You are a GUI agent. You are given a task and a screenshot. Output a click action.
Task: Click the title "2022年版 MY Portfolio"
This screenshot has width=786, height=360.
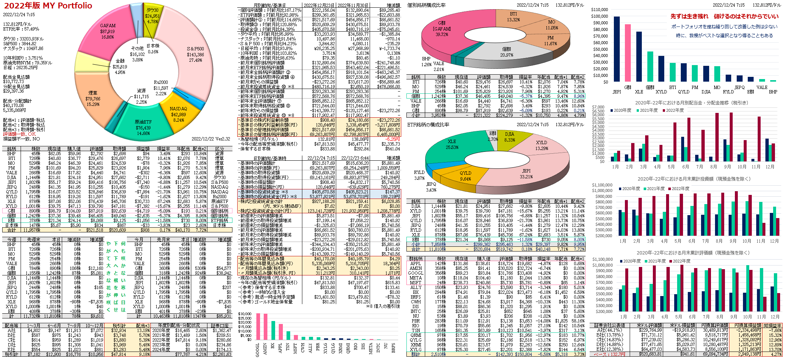[x=48, y=6]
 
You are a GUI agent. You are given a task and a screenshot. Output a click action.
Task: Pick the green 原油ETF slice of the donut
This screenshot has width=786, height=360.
[x=143, y=127]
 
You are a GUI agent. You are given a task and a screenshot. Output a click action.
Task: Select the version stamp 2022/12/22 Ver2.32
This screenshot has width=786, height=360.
[x=210, y=139]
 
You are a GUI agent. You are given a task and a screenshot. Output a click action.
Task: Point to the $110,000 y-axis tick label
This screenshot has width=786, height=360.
[x=600, y=10]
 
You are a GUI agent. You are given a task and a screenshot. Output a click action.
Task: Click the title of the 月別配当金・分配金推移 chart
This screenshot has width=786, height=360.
[x=691, y=103]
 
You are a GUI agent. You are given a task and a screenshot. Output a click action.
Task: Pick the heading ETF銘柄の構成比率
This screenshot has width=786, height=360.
[x=428, y=125]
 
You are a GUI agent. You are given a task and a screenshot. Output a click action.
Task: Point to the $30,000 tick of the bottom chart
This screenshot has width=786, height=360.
[x=245, y=314]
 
